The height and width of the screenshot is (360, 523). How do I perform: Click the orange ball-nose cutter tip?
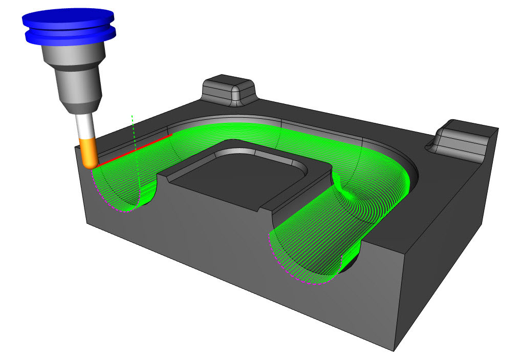pyautogui.click(x=90, y=153)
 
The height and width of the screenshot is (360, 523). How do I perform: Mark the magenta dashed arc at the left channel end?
pyautogui.click(x=110, y=200)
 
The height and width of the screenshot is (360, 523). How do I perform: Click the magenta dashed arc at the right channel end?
pyautogui.click(x=297, y=277)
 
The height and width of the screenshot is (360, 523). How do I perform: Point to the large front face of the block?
pyautogui.click(x=205, y=261)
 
